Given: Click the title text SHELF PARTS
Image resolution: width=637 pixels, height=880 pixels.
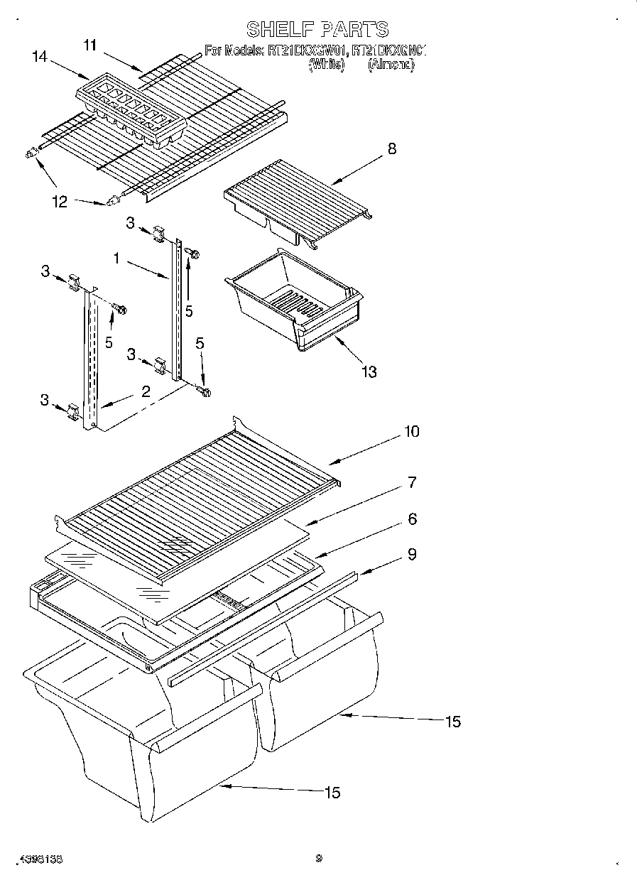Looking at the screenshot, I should [317, 29].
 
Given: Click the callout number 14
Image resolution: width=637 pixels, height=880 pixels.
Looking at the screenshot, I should [40, 58].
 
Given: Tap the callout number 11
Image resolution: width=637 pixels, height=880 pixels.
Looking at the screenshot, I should [89, 45].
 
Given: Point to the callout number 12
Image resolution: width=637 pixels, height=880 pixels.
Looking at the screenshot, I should [60, 202].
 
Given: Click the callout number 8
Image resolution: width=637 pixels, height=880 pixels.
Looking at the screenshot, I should [392, 148].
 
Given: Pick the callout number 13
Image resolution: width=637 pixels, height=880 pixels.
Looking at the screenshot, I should [369, 371].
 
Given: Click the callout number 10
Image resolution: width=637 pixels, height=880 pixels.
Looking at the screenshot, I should [411, 431].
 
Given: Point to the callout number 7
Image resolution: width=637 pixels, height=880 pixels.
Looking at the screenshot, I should [411, 483].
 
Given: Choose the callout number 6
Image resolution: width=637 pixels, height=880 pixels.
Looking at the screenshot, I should [411, 519].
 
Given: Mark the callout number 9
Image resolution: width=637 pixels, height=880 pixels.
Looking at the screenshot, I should [411, 555].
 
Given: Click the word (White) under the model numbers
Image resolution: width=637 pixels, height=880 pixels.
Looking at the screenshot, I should [326, 65].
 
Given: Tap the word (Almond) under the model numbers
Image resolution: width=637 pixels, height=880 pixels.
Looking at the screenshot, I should [390, 65].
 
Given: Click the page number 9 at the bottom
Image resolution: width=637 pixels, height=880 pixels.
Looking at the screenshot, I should [319, 858].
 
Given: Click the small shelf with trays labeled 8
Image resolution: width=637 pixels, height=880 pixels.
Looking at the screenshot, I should [295, 200].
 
